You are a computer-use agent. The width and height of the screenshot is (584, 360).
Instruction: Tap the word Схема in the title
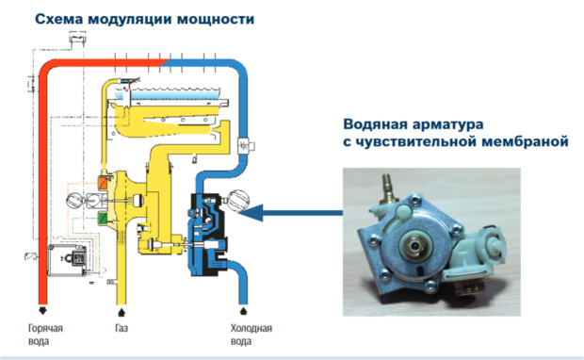pos(59,19)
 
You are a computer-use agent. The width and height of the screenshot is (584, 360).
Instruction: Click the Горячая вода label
pos(45,335)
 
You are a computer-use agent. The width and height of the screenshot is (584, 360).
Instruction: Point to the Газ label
pos(122,328)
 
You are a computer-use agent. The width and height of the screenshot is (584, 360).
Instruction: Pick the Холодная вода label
pos(251,335)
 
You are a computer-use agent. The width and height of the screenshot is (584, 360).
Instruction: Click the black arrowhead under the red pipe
pos(42,310)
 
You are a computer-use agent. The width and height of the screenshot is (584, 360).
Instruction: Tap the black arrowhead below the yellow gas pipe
pos(122,311)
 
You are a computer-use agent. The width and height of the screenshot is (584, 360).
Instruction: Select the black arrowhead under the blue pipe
pos(243,310)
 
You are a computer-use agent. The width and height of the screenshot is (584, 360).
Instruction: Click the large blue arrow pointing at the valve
pos(290,213)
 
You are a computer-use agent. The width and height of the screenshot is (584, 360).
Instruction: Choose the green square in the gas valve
pos(102,218)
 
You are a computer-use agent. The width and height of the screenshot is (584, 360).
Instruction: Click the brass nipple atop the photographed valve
pos(388,187)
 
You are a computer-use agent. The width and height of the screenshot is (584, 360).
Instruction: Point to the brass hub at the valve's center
pos(414,246)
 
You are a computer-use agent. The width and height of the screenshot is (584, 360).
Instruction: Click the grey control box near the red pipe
pos(68,260)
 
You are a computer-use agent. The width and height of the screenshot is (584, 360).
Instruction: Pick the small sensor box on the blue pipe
pos(246,144)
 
